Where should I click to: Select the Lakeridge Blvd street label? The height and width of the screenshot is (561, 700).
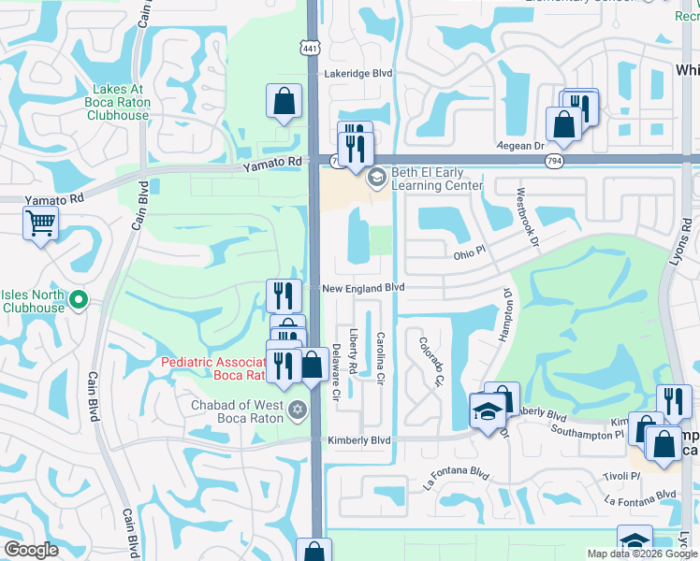(x=357, y=73)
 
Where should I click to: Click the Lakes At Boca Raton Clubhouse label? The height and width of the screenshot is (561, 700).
(x=118, y=102)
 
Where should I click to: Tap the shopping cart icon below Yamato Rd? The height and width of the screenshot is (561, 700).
(x=41, y=223)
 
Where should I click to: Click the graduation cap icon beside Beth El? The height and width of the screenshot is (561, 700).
(x=377, y=178)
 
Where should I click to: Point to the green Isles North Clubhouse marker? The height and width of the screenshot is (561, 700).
(x=79, y=301)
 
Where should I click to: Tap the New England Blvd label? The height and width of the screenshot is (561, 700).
(x=363, y=289)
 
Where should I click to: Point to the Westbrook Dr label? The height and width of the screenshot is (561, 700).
(x=526, y=217)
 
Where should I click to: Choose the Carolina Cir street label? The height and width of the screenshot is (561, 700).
(x=381, y=359)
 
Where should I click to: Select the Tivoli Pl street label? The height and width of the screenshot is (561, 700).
(x=621, y=475)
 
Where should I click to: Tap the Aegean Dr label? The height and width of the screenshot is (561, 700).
(x=526, y=146)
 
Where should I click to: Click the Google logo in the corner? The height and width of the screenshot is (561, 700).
(x=31, y=550)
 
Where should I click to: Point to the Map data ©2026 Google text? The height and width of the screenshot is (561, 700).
(x=642, y=554)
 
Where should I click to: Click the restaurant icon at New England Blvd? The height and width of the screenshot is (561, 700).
(x=284, y=295)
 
